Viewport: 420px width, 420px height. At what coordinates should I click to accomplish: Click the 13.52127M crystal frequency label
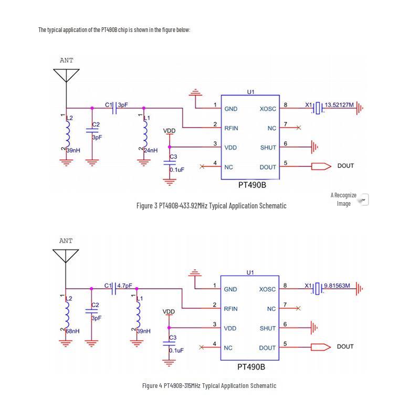339,104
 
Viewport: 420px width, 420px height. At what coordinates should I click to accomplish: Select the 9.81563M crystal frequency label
337,286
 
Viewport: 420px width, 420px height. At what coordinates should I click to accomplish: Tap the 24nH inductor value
151,150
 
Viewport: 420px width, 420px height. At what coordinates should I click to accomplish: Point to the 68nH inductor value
72,331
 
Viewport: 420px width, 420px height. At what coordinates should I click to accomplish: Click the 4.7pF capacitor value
124,286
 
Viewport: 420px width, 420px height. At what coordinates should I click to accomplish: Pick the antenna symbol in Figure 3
66,76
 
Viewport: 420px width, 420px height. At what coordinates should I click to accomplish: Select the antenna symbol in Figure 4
66,256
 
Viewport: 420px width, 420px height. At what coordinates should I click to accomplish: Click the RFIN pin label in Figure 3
231,128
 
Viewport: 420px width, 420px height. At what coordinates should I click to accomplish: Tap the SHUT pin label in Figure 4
268,329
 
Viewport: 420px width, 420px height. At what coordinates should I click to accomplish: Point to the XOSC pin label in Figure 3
268,109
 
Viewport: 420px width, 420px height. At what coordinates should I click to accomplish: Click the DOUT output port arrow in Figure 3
321,166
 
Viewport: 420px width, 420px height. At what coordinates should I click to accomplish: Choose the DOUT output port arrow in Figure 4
321,347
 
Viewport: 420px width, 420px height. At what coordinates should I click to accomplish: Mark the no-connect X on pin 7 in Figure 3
299,128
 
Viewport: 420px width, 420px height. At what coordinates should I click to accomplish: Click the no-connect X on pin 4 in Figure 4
202,348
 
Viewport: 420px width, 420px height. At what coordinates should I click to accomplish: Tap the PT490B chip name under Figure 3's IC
253,185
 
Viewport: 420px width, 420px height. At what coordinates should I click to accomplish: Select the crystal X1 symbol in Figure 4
318,289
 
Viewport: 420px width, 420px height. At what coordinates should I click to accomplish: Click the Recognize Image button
350,199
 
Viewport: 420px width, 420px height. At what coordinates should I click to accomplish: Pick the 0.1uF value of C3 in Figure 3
177,170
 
